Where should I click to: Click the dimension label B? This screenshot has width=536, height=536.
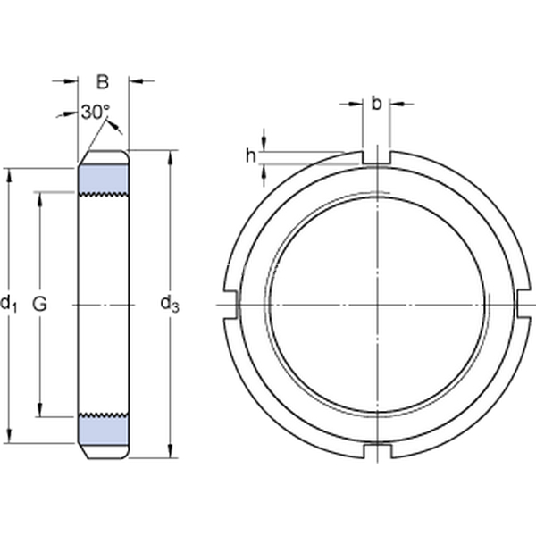(103, 82)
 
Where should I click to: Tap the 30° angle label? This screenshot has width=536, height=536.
(96, 113)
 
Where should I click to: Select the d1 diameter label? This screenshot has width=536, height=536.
(8, 305)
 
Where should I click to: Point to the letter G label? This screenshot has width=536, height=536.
(39, 304)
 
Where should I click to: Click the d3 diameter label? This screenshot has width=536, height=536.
(170, 305)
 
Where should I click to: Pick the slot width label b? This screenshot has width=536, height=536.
(376, 104)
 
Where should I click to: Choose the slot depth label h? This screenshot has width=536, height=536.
(250, 156)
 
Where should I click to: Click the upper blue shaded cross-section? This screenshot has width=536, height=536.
(104, 180)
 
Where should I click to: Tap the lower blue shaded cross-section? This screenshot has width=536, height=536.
(104, 430)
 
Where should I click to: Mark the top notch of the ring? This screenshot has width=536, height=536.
(376, 157)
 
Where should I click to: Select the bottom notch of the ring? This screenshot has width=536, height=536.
(377, 451)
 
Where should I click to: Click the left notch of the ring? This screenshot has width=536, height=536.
(230, 305)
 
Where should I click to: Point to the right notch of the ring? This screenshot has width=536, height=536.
(524, 304)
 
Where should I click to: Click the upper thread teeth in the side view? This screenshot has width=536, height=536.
(104, 195)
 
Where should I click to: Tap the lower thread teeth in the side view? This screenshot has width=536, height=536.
(104, 415)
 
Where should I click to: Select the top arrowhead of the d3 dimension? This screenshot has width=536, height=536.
(171, 156)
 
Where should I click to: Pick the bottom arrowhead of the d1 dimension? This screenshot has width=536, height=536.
(9, 437)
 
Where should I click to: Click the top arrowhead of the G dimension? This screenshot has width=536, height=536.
(40, 199)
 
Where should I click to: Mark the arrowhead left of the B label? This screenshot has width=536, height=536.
(71, 81)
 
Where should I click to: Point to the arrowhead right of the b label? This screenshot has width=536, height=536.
(397, 104)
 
